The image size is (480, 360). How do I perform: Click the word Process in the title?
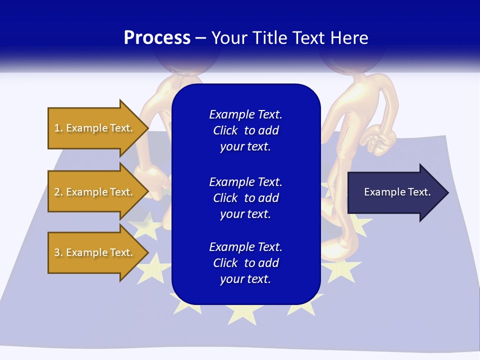coord(157,38)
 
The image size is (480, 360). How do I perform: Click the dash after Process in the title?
coord(200,38)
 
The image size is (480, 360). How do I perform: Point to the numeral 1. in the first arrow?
coord(58,128)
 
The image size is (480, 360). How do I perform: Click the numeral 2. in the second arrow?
coord(58,192)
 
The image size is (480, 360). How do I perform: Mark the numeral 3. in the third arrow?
coord(58,252)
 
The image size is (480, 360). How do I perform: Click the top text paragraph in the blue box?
coord(245,130)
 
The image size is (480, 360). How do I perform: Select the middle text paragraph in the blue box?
coord(245,197)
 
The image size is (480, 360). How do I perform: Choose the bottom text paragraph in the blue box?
coord(245,263)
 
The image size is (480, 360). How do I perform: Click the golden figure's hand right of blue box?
coord(378,141)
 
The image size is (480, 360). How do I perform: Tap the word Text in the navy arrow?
coord(419,192)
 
